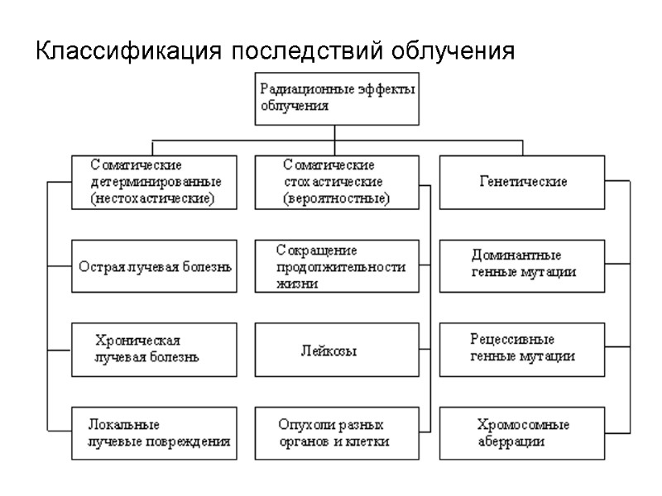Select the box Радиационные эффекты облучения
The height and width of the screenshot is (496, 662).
[335, 98]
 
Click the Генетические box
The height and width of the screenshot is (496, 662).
[523, 182]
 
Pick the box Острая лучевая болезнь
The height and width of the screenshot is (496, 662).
[154, 266]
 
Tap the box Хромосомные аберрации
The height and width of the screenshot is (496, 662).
[523, 434]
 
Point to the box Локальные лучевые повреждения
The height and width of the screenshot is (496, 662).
[154, 434]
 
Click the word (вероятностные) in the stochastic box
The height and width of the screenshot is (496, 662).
[336, 199]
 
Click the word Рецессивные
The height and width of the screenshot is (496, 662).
[512, 341]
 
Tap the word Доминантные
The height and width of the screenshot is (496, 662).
[516, 255]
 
